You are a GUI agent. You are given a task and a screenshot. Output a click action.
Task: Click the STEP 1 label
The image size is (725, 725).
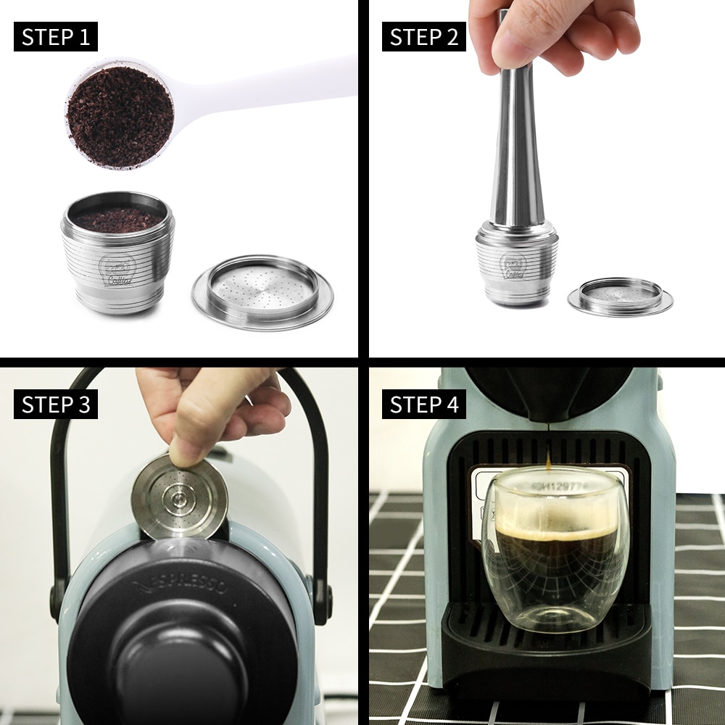point(56,37)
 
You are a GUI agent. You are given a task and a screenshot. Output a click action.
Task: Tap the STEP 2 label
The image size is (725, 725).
point(424,37)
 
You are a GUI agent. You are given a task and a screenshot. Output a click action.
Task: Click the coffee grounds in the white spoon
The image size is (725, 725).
point(120,116)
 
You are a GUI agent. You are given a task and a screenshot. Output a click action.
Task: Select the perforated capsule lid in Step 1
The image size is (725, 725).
point(262,290)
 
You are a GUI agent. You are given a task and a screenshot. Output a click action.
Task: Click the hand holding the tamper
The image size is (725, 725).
point(551,33)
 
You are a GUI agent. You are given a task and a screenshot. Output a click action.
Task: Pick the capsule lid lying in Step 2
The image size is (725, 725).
point(620,296)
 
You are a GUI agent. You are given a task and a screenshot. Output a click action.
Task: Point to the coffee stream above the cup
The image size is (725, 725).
point(548,453)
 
